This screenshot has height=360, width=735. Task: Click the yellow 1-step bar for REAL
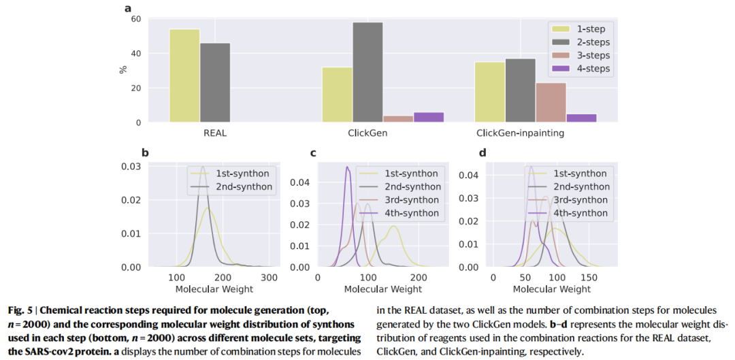(184, 76)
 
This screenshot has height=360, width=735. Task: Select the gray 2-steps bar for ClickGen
(367, 72)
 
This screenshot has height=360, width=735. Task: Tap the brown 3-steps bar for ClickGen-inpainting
(551, 102)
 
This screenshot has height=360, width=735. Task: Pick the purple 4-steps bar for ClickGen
(429, 117)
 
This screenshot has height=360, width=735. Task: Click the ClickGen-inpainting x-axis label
(520, 133)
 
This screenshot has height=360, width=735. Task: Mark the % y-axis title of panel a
(123, 69)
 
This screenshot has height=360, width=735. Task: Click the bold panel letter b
(144, 152)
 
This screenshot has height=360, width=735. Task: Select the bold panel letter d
(483, 152)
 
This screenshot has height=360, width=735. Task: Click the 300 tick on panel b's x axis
(270, 278)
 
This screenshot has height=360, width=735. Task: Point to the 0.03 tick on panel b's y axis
(131, 167)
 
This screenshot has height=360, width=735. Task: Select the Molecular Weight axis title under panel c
(382, 289)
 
